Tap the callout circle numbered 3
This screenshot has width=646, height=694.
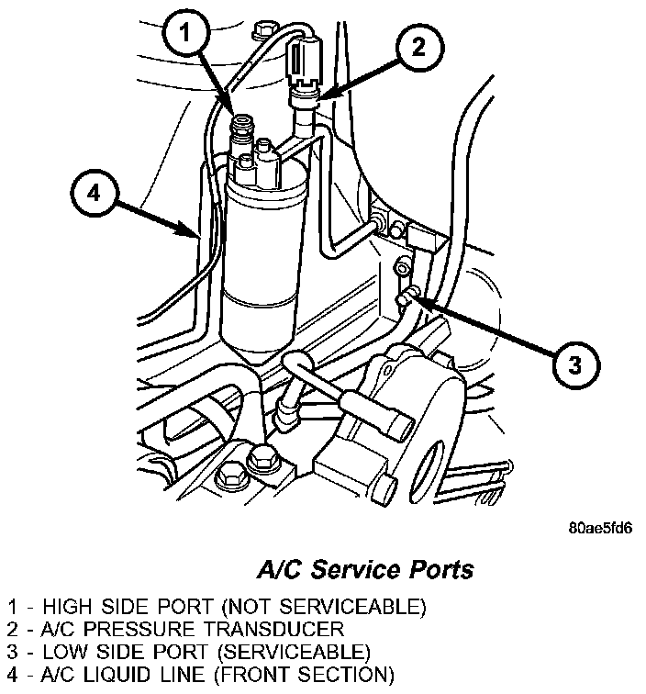click(x=572, y=364)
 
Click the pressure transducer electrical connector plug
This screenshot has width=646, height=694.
click(x=304, y=63)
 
